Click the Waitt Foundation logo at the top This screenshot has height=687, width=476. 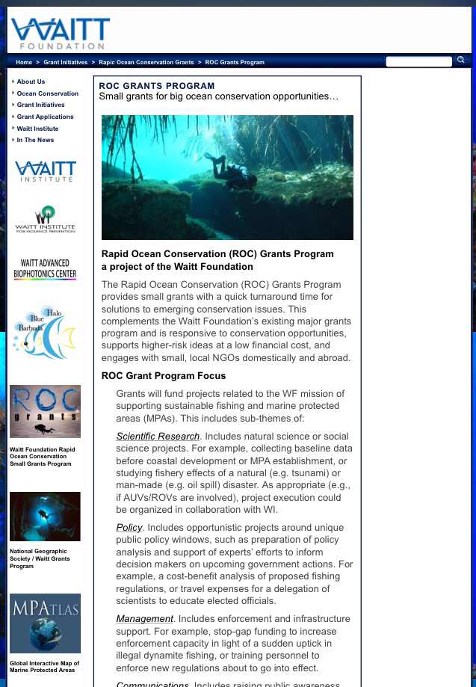tap(60, 34)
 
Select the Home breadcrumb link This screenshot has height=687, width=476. tap(24, 62)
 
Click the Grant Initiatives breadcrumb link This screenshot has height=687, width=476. tap(65, 62)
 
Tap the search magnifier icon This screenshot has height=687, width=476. tap(461, 60)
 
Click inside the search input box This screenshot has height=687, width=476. tap(418, 61)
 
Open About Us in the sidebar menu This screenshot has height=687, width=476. tap(31, 81)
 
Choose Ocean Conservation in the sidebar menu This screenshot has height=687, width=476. tap(47, 93)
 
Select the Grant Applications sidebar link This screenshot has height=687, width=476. tap(45, 117)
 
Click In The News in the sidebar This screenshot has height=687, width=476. tap(35, 140)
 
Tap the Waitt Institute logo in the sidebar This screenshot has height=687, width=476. tap(45, 171)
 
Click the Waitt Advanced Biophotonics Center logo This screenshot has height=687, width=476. tap(45, 269)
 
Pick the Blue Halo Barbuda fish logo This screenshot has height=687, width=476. tap(45, 333)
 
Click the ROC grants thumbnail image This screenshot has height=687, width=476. tap(45, 411)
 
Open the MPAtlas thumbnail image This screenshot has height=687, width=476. tap(45, 623)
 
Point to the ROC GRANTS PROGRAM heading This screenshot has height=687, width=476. tap(156, 86)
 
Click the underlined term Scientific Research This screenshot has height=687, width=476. tap(158, 437)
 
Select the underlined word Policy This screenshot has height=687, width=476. tap(129, 528)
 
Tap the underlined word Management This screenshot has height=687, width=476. tap(144, 619)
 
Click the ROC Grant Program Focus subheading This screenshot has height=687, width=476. tap(163, 376)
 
